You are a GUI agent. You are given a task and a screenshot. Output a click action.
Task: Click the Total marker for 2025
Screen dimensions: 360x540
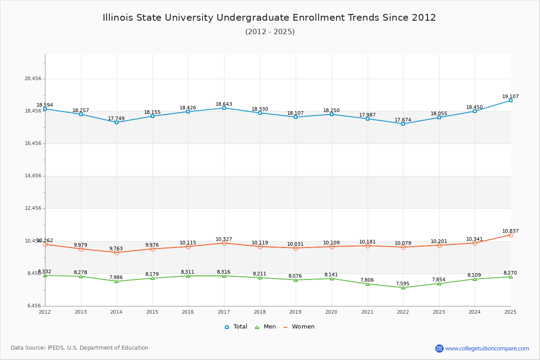coord(511,100)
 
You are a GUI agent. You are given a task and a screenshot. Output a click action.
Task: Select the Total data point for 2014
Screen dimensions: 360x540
coord(117,122)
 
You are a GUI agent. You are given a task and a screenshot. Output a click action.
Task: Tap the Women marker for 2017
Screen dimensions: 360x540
coord(224,243)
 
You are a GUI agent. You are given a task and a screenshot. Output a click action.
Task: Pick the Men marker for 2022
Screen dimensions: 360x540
coord(403,288)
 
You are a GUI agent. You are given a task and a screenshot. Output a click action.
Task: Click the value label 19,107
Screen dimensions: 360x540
coord(510,97)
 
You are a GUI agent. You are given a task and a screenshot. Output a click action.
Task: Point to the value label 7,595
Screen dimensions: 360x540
coord(403,284)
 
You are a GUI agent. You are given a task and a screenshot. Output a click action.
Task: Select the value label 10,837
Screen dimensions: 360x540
coord(510,231)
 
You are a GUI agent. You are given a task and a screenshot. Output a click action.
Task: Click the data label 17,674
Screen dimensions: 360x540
coord(403,120)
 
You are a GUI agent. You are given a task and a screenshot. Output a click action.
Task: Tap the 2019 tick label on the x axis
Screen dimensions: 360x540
coord(296,312)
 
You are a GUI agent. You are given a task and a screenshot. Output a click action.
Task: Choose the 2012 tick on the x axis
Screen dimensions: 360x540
coord(45,312)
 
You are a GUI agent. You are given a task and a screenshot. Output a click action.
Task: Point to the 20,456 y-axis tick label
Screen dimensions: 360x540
coord(33,79)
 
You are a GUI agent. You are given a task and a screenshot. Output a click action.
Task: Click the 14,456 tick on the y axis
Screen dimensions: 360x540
coord(33,176)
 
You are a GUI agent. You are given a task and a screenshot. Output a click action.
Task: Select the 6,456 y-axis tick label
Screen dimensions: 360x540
coord(33,306)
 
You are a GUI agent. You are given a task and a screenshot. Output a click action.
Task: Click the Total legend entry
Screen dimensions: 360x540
coord(236,327)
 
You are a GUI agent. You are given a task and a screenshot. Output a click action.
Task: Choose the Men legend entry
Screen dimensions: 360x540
coord(265,327)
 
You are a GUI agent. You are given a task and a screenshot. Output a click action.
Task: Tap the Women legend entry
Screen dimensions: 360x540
coord(299,327)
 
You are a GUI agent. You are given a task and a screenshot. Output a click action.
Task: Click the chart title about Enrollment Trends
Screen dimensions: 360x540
coord(270,18)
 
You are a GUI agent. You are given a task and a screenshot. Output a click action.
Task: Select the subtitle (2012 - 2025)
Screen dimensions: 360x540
coord(270,32)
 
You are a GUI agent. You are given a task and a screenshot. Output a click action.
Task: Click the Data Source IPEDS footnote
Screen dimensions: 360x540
coord(80,348)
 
